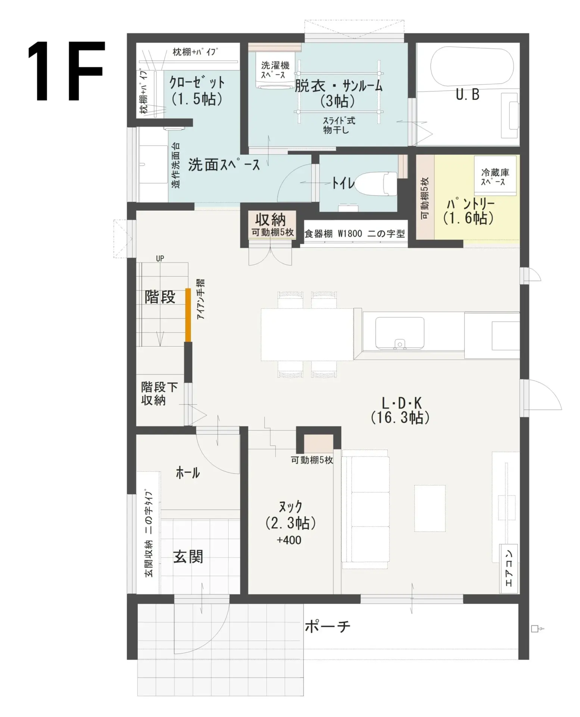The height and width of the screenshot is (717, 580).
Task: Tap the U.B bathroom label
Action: coord(467,94)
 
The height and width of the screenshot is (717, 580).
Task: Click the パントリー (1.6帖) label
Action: coord(468,211)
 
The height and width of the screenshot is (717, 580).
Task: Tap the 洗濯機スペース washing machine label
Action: coord(275,70)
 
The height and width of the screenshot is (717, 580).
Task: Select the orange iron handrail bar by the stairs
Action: coord(188,315)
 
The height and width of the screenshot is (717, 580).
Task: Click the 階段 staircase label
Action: coord(160,297)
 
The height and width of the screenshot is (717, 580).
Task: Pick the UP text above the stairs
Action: coord(160,258)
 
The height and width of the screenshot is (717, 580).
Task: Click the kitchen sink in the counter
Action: coord(400,333)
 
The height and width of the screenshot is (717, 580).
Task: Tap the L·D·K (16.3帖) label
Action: coord(400,410)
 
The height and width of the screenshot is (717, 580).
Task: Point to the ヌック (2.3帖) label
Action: coord(291,516)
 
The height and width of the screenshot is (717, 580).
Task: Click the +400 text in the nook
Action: coord(289,540)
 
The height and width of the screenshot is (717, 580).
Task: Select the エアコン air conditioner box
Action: coord(509,568)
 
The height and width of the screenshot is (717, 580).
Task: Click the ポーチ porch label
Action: coord(328,626)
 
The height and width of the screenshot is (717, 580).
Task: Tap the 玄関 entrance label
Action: coord(188,557)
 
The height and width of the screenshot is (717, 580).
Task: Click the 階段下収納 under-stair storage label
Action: coord(159,393)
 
